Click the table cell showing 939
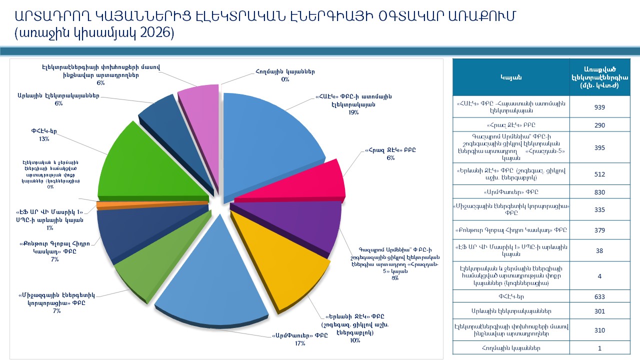click(599, 107)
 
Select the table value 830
click(599, 192)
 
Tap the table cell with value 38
click(599, 250)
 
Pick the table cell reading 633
click(599, 296)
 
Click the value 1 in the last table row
click(599, 348)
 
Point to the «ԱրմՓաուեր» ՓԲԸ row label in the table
click(511, 192)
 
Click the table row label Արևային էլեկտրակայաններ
click(511, 311)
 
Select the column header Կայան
click(511, 77)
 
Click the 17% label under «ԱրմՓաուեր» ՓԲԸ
click(300, 343)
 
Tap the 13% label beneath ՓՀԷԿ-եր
click(44, 139)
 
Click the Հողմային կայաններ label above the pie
click(285, 71)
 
